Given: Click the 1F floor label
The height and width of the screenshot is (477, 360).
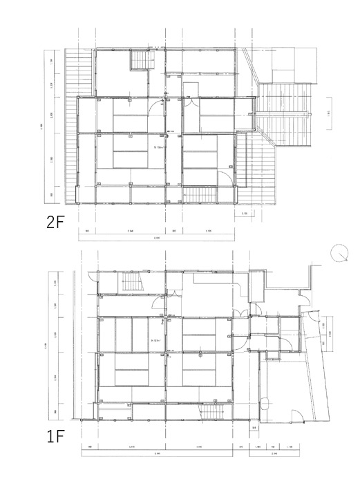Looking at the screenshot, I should (x=56, y=438).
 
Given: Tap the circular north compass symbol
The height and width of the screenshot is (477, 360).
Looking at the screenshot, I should (x=338, y=254).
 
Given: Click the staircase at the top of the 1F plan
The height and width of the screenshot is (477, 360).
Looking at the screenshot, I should (x=130, y=283).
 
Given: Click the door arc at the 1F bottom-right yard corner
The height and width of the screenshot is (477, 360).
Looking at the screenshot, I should (x=296, y=418).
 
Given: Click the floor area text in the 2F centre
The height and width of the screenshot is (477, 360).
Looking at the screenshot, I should (x=157, y=147).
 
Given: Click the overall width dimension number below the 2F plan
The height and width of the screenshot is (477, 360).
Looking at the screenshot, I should (x=157, y=237).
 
